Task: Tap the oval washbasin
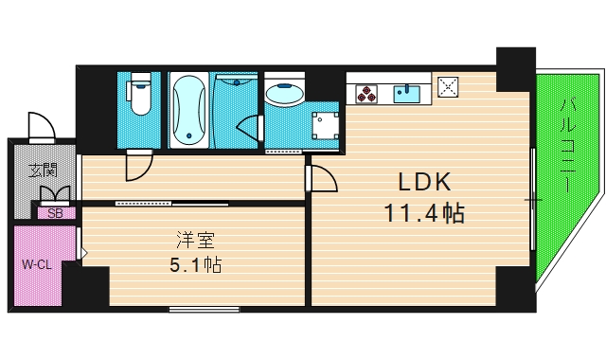284,94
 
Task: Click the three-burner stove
367,93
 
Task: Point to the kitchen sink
410,92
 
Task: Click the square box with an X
449,88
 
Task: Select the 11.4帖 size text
423,213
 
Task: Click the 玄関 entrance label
43,171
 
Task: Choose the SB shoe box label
55,213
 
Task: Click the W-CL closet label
36,264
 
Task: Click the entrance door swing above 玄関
42,126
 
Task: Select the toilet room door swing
138,167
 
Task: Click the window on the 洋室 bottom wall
205,309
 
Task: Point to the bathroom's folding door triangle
251,128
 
